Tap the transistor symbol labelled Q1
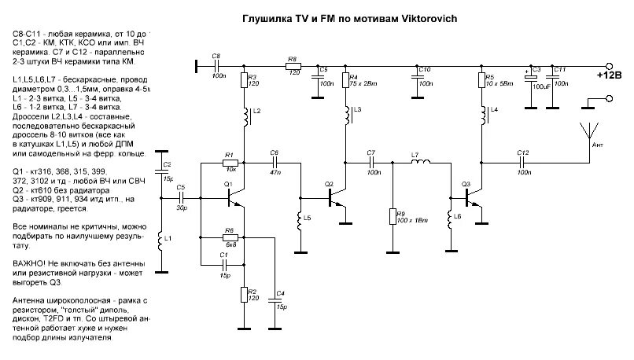click(x=235, y=200)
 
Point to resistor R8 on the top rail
click(x=292, y=67)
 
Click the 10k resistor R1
click(x=230, y=163)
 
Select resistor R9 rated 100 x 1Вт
click(x=391, y=216)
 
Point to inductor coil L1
click(x=162, y=240)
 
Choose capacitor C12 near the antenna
click(x=522, y=163)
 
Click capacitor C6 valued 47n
click(x=275, y=163)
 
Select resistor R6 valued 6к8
click(x=230, y=238)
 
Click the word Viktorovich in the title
click(x=423, y=17)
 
